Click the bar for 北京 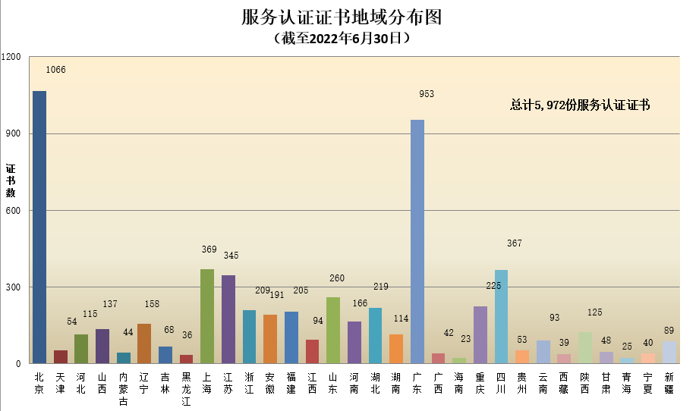tap(39, 227)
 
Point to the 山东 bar tap(333, 330)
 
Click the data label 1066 tap(56, 70)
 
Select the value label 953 tap(427, 94)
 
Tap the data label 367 tap(515, 243)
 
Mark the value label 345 tap(231, 256)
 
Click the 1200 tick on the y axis tap(13, 57)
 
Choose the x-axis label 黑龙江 tap(186, 388)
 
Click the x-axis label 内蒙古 tap(123, 388)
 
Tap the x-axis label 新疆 tap(669, 383)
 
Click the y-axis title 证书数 tap(11, 180)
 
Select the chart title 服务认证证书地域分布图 tap(342, 17)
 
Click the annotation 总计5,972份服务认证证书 tap(580, 105)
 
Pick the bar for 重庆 tap(480, 334)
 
